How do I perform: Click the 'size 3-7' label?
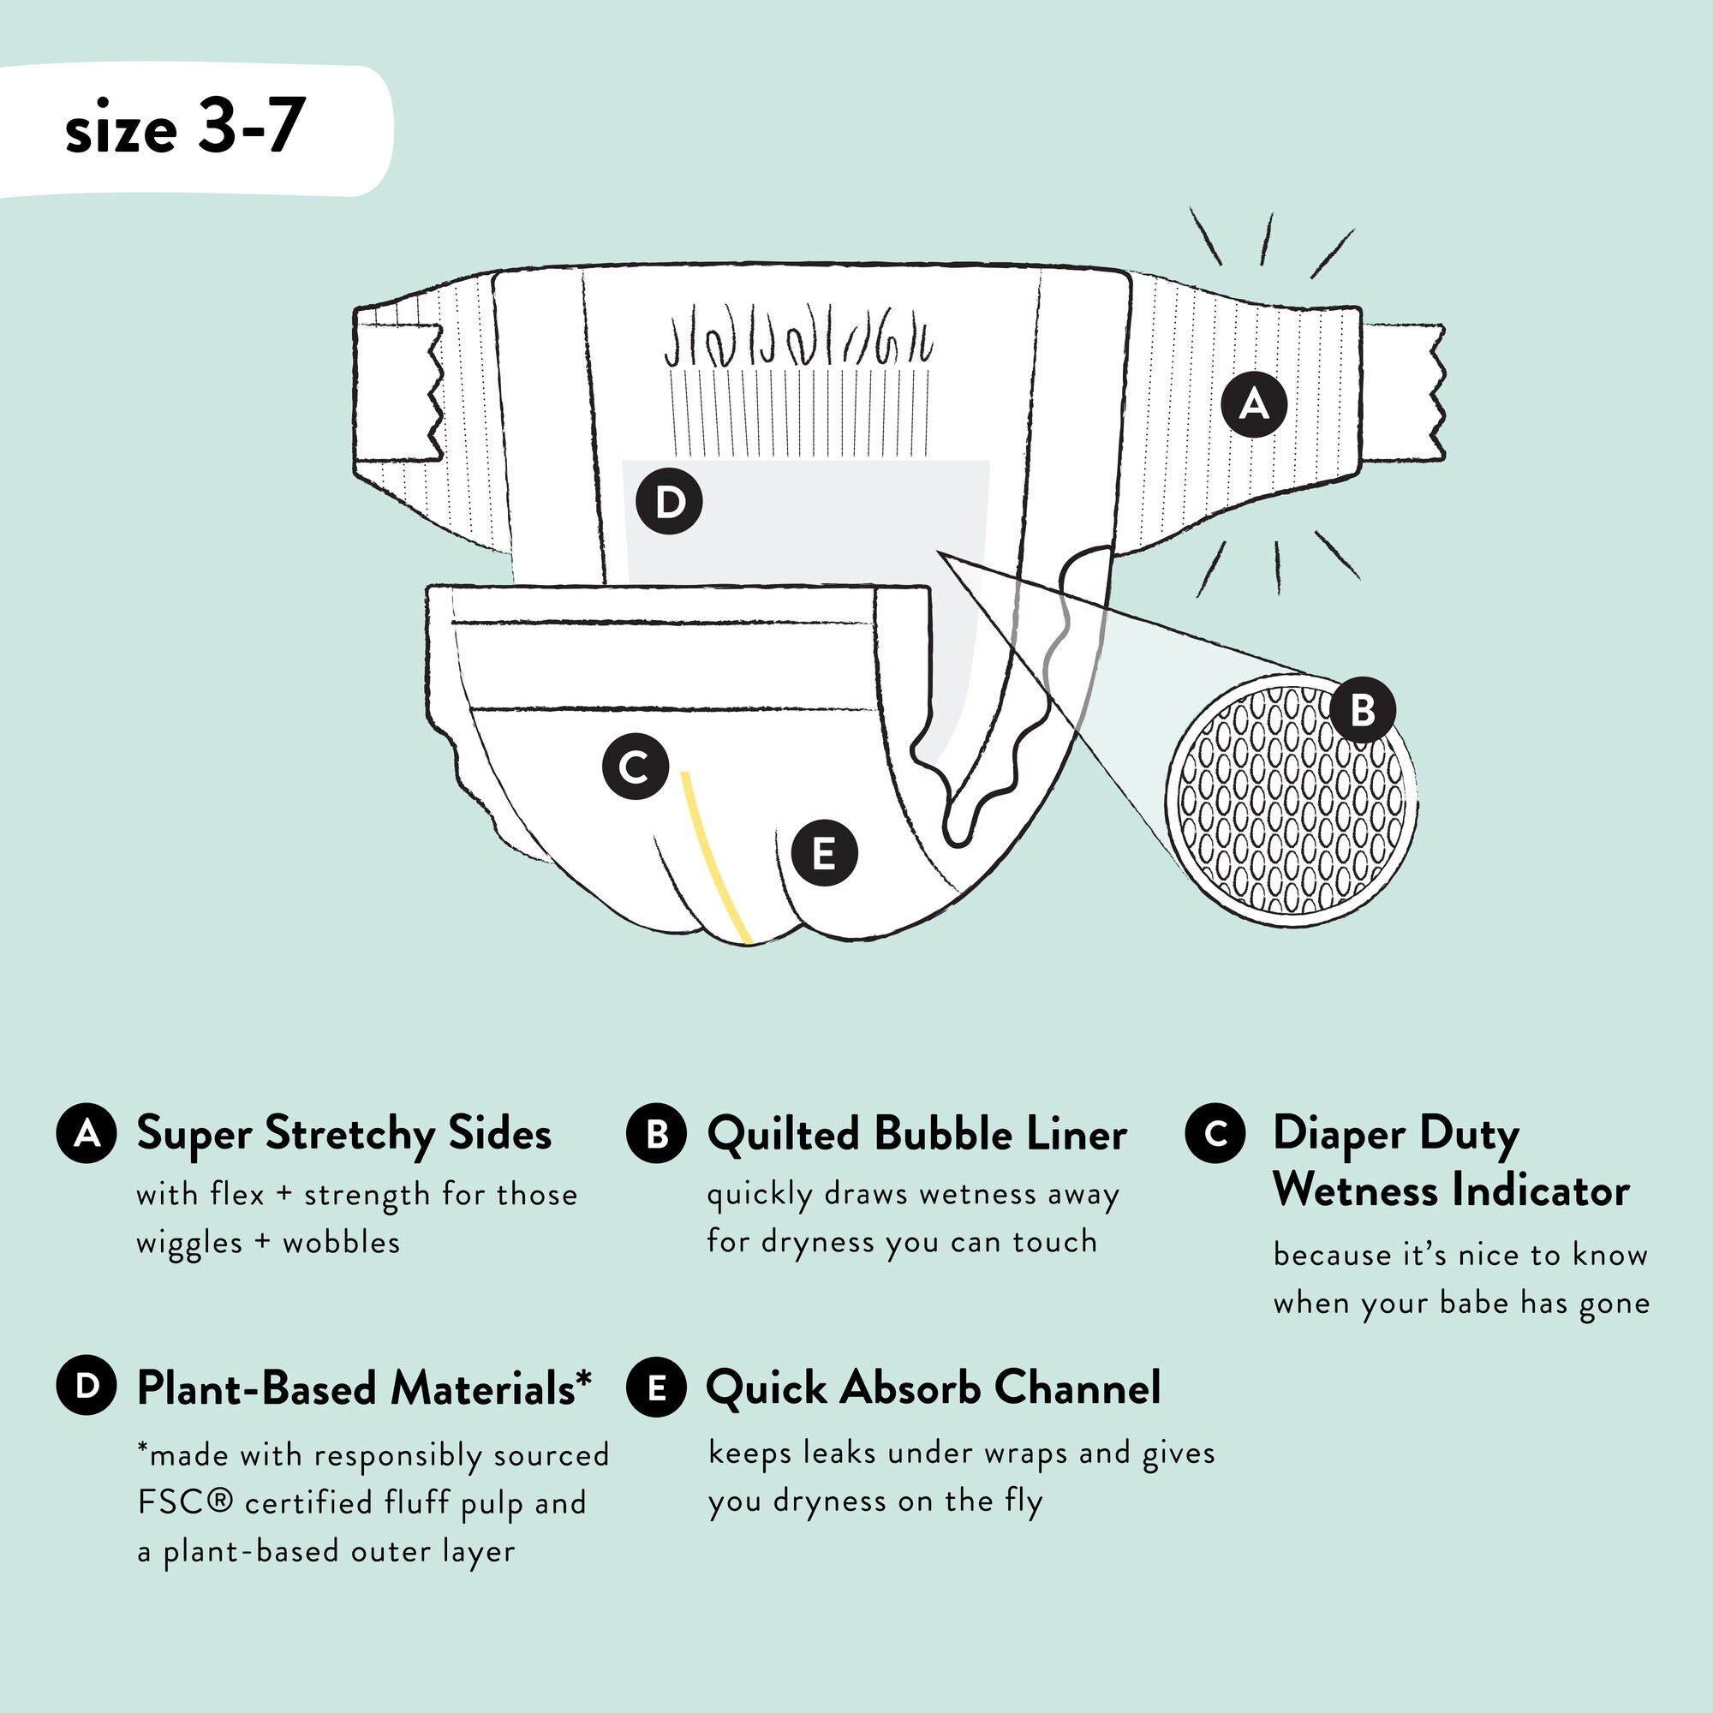(x=185, y=128)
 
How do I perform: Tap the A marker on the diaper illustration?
(x=1254, y=404)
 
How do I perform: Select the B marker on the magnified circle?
(x=1363, y=708)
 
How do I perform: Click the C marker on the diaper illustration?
(x=635, y=767)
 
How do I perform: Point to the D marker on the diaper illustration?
(x=670, y=502)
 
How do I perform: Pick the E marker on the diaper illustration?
(x=824, y=854)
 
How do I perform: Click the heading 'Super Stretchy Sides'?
(x=344, y=1134)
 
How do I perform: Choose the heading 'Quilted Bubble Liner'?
(x=916, y=1134)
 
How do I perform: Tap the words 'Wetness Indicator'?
(x=1451, y=1190)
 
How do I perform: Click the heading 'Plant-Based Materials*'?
(x=364, y=1388)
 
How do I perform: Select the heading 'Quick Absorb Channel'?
(x=933, y=1388)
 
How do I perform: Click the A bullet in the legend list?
(x=86, y=1134)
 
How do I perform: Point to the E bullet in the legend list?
(x=656, y=1388)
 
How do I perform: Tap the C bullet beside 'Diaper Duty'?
(x=1215, y=1133)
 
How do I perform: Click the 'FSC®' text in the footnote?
(x=184, y=1503)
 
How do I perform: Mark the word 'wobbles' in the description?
(x=342, y=1242)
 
